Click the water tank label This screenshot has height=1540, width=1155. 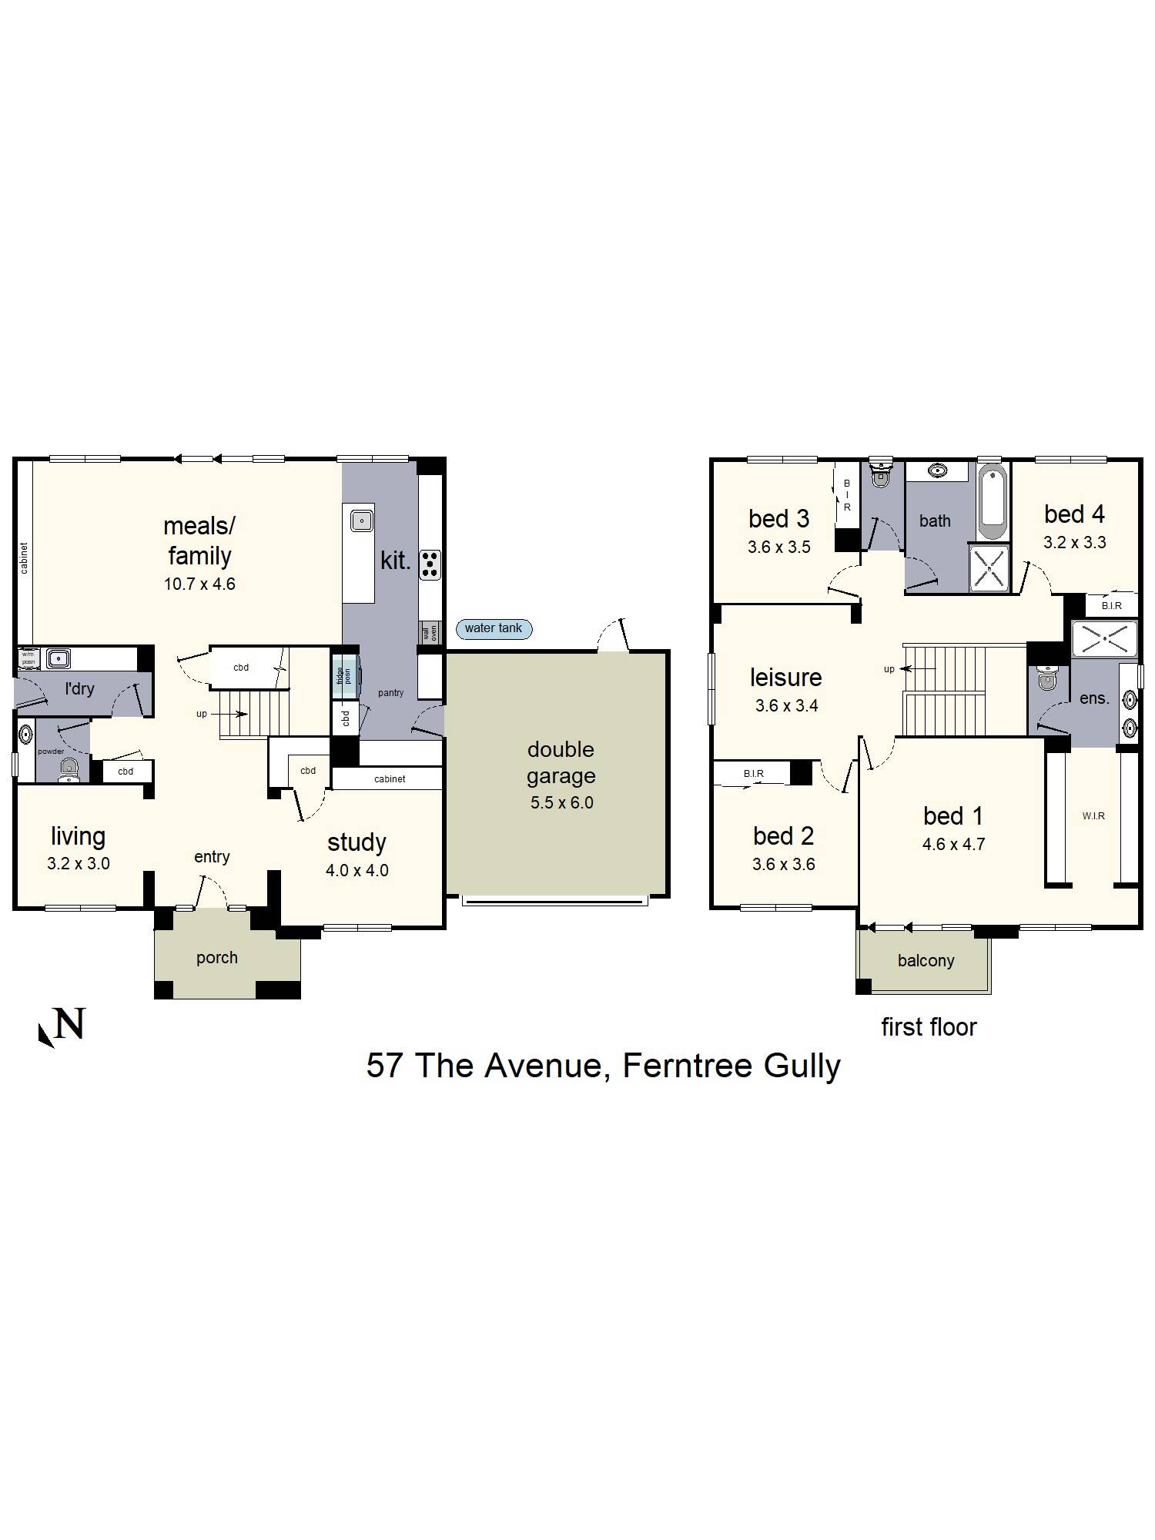pos(493,628)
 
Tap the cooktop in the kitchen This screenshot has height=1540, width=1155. pos(430,564)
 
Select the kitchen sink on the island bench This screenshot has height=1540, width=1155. pos(361,521)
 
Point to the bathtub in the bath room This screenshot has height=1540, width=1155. pos(992,501)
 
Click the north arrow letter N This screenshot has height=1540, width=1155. pos(69,1024)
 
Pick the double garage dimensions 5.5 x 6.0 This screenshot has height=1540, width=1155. pos(561,802)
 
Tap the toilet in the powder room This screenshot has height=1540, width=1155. pos(69,769)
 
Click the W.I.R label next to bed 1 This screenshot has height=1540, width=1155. pos(1093,815)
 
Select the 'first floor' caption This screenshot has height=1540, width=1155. pos(929,1026)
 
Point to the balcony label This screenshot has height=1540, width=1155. pos(926,960)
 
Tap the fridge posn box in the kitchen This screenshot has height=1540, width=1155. pos(344,675)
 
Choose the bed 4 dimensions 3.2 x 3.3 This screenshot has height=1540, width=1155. pos(1074,542)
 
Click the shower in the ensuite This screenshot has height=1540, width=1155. pos(1104,638)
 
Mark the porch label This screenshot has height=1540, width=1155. pos(216,957)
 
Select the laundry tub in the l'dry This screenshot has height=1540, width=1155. pos(58,658)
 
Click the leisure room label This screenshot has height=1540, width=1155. pos(785,677)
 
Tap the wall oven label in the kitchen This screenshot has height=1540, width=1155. pos(430,633)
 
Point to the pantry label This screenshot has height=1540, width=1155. pos(390,693)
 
